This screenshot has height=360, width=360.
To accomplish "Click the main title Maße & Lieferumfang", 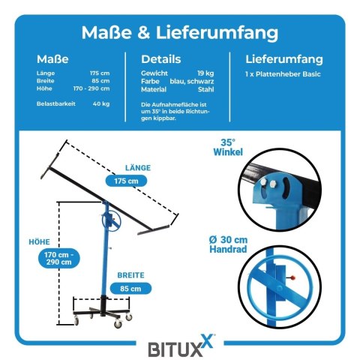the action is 180,33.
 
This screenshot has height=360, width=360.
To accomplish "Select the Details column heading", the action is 161,59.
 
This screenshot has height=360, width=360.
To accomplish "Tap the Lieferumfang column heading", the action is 284,59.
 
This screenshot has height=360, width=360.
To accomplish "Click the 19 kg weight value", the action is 205,73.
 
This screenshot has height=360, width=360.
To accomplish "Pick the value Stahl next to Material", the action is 206,89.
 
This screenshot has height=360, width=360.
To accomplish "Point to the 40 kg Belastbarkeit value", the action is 101,103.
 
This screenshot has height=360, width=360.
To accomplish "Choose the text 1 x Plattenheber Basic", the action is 283,74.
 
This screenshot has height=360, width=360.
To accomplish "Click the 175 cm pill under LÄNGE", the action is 126,181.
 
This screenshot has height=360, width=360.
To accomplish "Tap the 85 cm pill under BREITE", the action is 130,289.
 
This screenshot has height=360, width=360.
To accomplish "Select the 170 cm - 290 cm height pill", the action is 59,258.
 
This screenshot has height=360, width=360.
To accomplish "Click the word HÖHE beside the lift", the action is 39,242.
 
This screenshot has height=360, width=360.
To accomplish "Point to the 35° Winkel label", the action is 228,147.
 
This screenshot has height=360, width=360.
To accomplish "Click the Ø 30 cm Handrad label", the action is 228,244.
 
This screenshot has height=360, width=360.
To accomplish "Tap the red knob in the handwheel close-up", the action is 292,277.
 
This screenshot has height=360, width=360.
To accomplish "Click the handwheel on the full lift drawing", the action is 112,220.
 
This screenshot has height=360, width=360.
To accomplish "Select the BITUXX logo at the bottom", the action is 181,346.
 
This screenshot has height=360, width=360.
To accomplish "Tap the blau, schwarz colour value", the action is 192,81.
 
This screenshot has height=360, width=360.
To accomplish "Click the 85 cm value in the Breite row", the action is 100,81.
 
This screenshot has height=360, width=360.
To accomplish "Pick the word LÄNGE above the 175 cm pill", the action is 138,168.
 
